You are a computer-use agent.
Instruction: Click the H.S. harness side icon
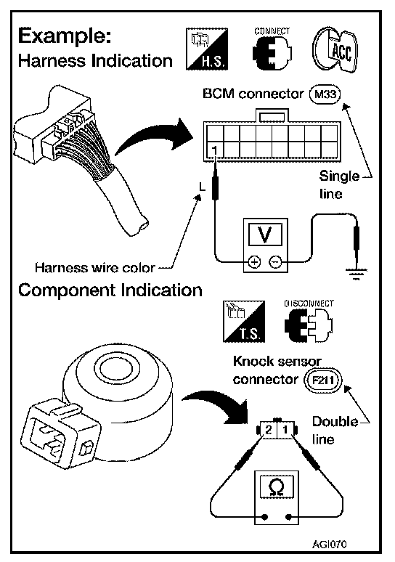pyautogui.click(x=207, y=49)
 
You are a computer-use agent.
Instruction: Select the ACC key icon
pyautogui.click(x=335, y=50)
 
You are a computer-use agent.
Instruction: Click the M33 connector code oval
pyautogui.click(x=325, y=94)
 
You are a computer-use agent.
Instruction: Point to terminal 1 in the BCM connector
pyautogui.click(x=215, y=150)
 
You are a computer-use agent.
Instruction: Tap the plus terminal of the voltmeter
pyautogui.click(x=254, y=262)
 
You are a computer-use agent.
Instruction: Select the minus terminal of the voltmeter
pyautogui.click(x=276, y=262)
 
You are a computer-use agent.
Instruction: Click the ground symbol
pyautogui.click(x=356, y=274)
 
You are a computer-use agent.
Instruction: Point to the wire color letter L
pyautogui.click(x=203, y=187)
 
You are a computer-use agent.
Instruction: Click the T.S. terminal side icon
pyautogui.click(x=244, y=322)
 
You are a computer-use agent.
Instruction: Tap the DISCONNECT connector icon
pyautogui.click(x=309, y=322)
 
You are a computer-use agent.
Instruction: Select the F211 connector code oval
pyautogui.click(x=323, y=380)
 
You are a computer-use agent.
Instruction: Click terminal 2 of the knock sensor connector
pyautogui.click(x=269, y=429)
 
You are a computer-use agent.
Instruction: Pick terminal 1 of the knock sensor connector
pyautogui.click(x=285, y=429)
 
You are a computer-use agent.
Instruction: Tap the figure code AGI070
pyautogui.click(x=329, y=544)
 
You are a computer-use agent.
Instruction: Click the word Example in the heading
pyautogui.click(x=65, y=36)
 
